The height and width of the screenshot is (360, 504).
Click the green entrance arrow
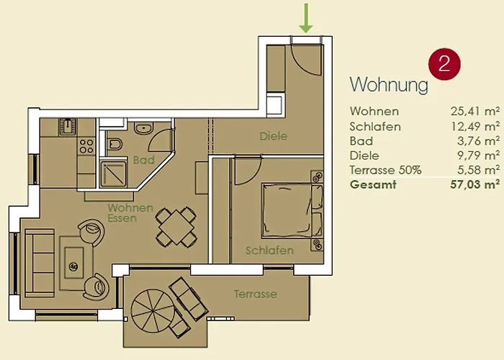[x=306, y=18]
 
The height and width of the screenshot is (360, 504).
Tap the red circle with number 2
[x=444, y=64]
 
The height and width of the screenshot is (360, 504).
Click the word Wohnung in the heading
[x=389, y=84]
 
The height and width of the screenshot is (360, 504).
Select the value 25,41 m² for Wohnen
[x=475, y=111]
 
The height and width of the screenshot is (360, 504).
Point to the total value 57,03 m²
[x=475, y=184]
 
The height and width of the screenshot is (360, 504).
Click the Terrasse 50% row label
[x=385, y=170]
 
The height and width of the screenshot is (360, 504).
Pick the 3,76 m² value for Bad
[x=479, y=141]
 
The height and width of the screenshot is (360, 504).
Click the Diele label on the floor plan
[x=274, y=136]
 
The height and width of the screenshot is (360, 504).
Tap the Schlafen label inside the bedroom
[x=269, y=251]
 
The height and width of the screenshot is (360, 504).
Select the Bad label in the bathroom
[x=144, y=160]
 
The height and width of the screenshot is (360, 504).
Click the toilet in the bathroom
[x=114, y=144]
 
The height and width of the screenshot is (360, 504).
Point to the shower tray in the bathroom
[x=113, y=174]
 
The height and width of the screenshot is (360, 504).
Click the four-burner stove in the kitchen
[x=86, y=145]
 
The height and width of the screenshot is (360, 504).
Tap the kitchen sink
[x=68, y=127]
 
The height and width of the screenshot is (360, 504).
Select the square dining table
[x=176, y=227]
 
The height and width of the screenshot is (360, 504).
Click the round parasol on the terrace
[x=153, y=311]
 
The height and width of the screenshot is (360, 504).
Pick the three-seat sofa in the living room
[x=40, y=263]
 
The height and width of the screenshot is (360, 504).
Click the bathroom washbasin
[x=143, y=129]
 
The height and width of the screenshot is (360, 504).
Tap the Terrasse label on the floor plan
[x=256, y=294]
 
